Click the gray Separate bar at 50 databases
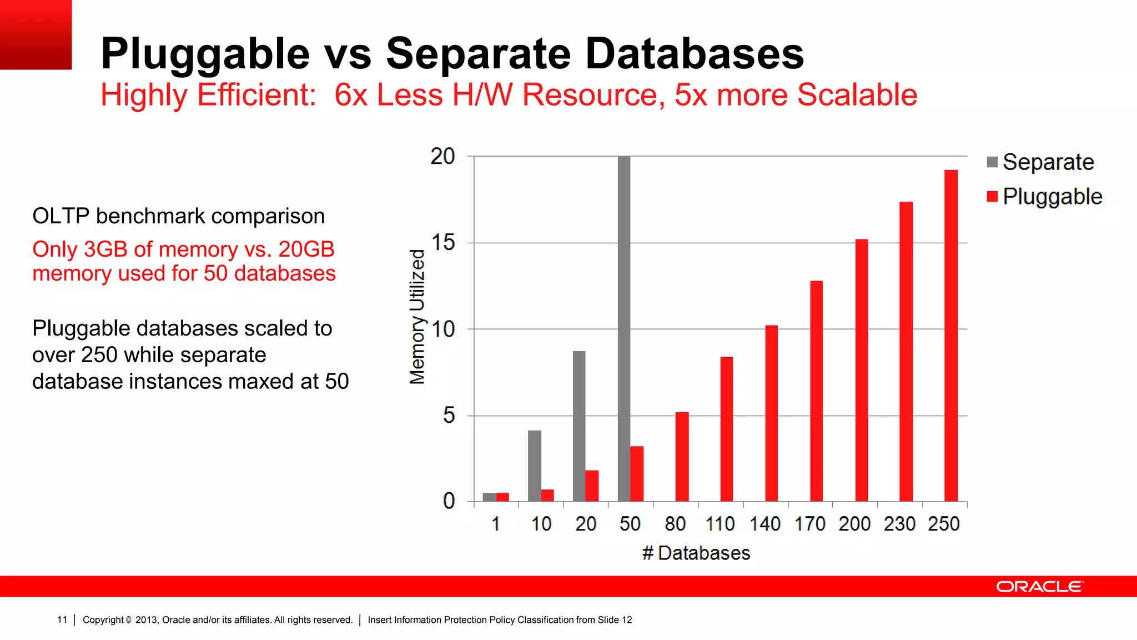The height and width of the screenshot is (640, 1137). coord(624,328)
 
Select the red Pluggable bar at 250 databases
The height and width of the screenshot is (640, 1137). coord(950,336)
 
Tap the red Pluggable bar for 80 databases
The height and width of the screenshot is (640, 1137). coord(682,457)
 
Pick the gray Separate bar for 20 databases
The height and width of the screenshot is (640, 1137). coord(579,426)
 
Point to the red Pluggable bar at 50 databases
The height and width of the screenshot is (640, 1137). coord(637,473)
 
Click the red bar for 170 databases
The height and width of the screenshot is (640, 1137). coord(816,391)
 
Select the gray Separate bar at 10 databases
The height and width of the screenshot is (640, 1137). coord(534,466)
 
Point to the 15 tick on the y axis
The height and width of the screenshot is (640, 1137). coord(443,243)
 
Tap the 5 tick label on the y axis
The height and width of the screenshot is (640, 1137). coord(449,416)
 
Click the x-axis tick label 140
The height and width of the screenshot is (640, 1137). coord(765,524)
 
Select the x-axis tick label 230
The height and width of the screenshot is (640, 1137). coord(899,524)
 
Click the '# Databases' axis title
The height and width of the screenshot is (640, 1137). coord(696,553)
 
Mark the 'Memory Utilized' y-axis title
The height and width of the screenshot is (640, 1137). coord(417,317)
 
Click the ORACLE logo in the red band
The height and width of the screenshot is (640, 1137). coord(1039,587)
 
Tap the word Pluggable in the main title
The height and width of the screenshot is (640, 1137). coord(205,54)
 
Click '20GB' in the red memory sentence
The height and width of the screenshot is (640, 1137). coord(306,249)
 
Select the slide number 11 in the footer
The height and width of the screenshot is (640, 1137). coord(62,620)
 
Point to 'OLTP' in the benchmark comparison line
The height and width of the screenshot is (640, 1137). coord(61,216)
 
